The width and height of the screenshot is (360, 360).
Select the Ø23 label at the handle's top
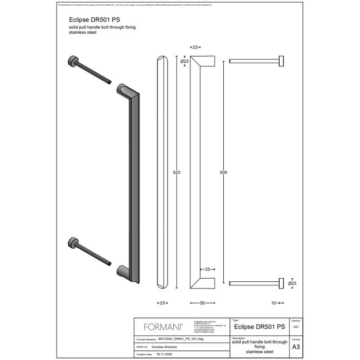(x=184, y=62)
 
